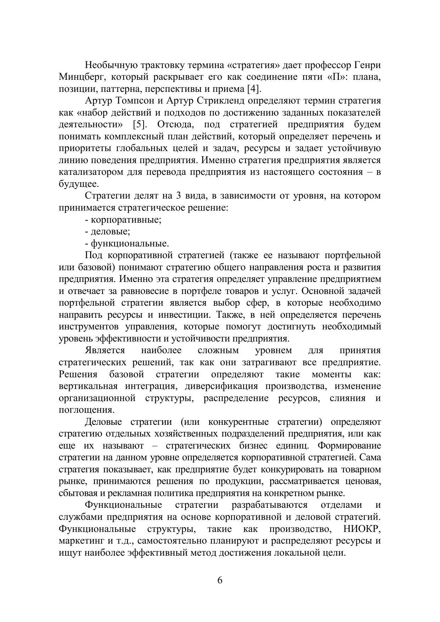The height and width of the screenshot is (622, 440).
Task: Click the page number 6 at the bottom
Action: click(220, 581)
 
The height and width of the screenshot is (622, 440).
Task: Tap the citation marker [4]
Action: click(254, 89)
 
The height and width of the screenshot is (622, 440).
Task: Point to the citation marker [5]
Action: click(140, 124)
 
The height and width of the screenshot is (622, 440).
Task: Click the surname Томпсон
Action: click(135, 101)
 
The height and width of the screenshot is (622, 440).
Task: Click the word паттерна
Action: click(121, 89)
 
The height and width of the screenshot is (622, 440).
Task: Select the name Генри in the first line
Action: click(368, 65)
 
